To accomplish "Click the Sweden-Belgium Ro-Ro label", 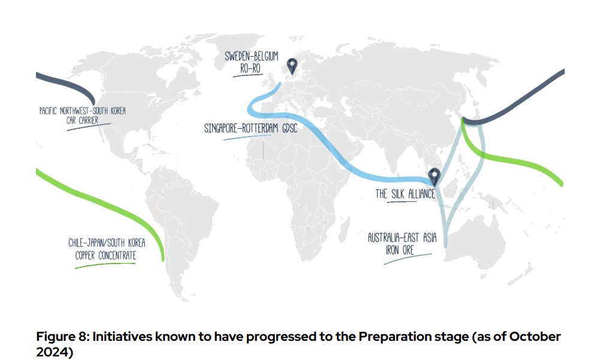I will (x=252, y=62).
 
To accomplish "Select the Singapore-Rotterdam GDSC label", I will (x=251, y=128).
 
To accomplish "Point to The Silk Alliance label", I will (x=405, y=194).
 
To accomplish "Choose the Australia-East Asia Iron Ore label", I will (x=402, y=244).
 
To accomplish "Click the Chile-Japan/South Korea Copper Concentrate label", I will (x=102, y=249).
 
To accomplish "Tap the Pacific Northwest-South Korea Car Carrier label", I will (x=83, y=116).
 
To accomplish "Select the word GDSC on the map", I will (x=285, y=128).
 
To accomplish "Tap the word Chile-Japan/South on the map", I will (x=102, y=244).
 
